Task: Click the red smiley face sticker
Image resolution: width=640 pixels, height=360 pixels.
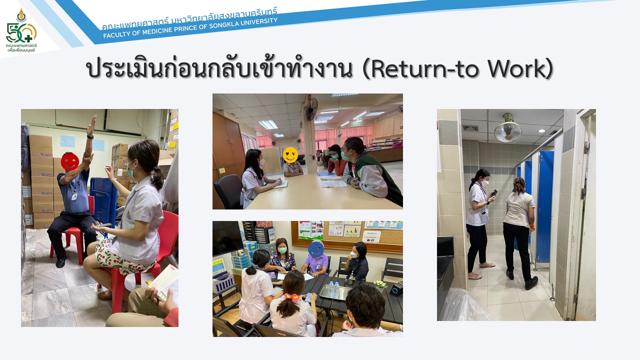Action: (70, 161)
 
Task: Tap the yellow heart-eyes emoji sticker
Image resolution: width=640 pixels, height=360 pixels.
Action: (290, 155)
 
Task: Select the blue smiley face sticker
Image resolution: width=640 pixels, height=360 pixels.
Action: (315, 248)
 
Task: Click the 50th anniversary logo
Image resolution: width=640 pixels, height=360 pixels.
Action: (21, 30)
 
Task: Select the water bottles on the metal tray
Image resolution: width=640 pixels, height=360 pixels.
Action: (333, 289)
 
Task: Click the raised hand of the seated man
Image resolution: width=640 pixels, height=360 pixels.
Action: (91, 125)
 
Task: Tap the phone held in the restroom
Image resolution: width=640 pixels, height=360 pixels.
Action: (494, 193)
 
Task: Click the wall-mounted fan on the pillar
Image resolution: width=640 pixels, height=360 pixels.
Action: (311, 109)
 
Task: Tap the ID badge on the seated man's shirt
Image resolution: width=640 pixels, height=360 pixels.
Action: (74, 196)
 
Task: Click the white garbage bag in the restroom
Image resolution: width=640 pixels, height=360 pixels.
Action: (463, 305)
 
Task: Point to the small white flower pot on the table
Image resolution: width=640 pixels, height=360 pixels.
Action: (380, 284)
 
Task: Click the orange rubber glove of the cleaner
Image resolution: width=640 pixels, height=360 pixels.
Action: (532, 226)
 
